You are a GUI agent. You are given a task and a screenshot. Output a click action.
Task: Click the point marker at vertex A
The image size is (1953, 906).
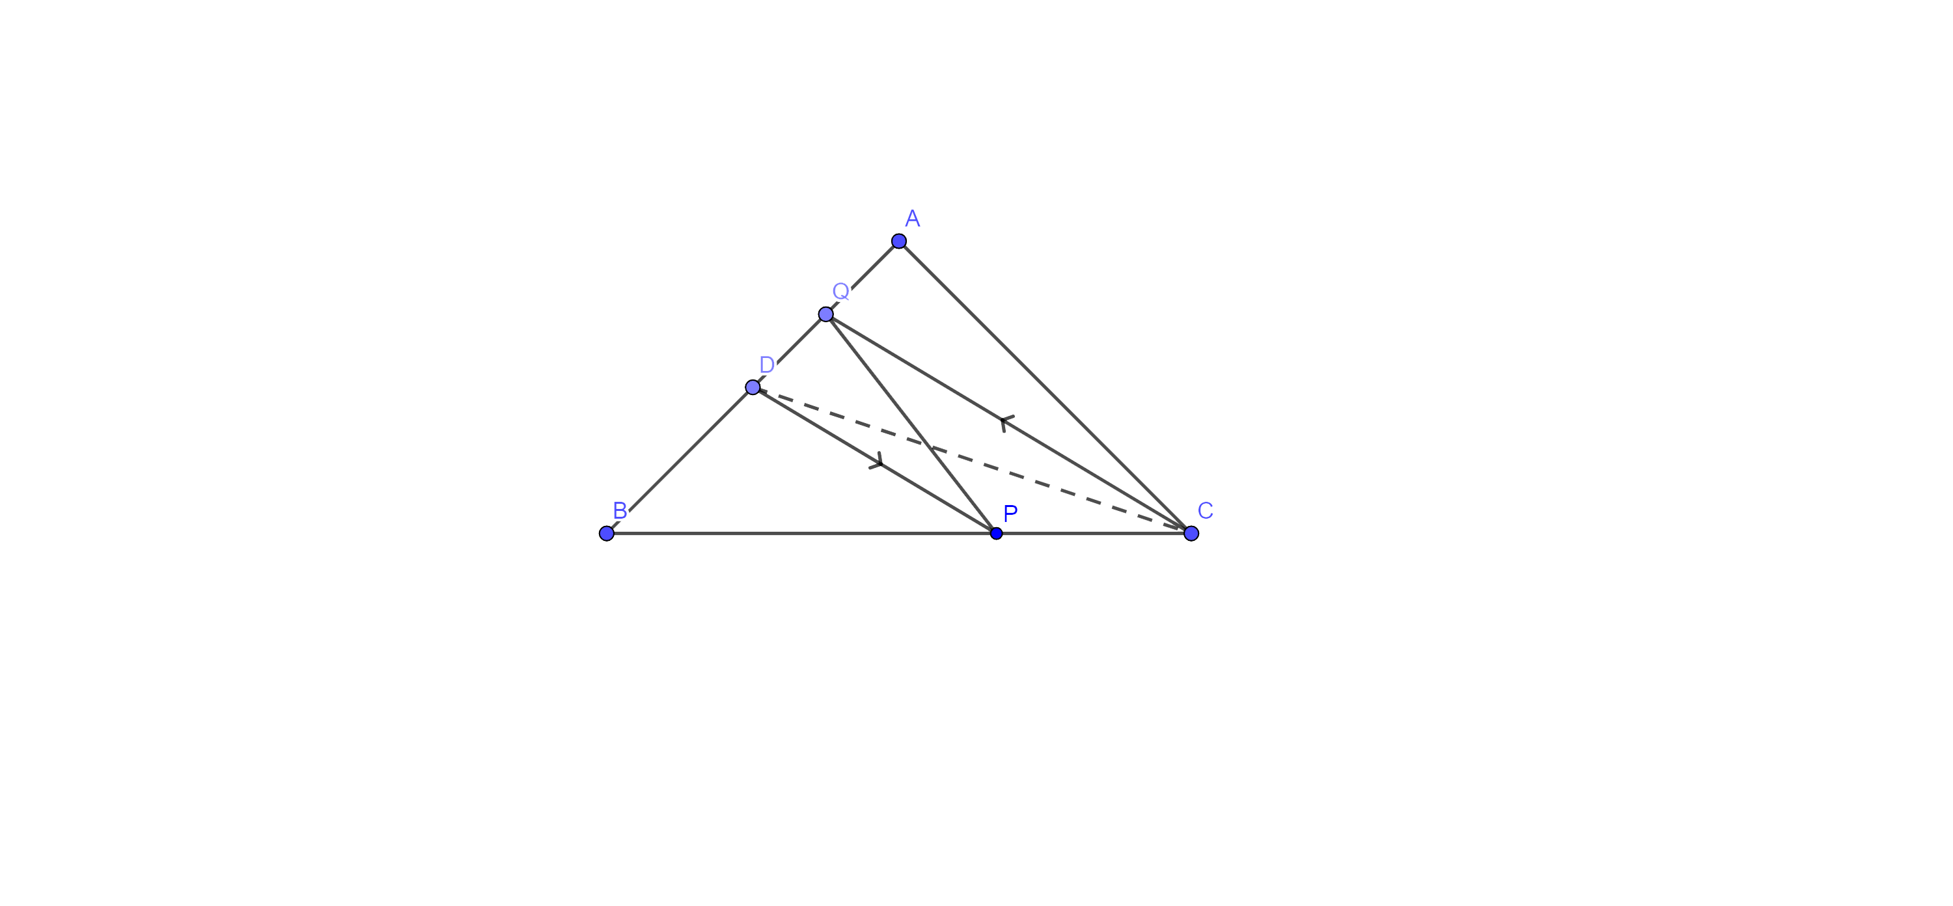coord(898,241)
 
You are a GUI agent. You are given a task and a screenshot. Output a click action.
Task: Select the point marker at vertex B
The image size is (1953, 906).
coord(607,534)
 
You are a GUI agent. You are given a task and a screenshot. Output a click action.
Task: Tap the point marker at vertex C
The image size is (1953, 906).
coord(1191,534)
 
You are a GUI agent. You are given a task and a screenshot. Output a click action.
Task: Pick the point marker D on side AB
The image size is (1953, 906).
coord(752,387)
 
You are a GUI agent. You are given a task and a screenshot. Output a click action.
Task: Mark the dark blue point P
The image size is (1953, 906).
coord(996,534)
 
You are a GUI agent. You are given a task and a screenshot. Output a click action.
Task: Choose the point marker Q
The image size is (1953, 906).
coord(825,314)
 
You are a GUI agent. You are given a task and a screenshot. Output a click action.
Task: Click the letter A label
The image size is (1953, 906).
coord(913,219)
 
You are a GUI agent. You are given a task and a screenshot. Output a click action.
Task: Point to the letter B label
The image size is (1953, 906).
coord(619,511)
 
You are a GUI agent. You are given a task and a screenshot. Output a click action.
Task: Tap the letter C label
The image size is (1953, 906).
coord(1206,511)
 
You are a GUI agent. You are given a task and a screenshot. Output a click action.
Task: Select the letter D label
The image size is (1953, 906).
coord(766,364)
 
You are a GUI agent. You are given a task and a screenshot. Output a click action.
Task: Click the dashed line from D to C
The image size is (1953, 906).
coord(972,460)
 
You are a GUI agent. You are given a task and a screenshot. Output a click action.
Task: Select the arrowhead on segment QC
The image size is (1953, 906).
coord(1004,422)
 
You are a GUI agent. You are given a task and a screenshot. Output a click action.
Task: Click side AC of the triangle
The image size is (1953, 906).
coord(1045,387)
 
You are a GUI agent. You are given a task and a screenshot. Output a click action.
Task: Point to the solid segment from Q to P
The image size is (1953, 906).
coord(911,424)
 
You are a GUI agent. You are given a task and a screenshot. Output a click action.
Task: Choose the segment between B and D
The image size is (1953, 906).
coord(679,460)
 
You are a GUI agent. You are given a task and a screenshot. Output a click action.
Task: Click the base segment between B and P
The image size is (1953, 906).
coord(801,534)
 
